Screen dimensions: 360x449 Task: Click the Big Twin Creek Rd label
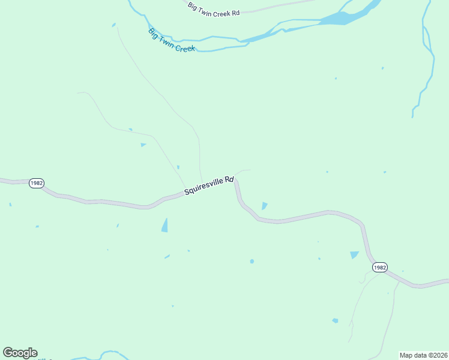pos(213,9)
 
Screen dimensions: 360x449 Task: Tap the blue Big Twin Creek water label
pos(172,40)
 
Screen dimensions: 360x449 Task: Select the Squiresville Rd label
pos(208,185)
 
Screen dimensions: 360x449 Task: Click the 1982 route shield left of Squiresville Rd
pos(36,183)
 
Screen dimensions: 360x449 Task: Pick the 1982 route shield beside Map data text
pos(379,267)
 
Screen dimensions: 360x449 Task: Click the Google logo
pos(20,353)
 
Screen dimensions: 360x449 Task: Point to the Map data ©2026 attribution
pos(423,355)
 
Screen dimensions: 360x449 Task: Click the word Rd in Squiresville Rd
pos(229,179)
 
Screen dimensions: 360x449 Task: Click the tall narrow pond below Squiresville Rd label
pos(164,225)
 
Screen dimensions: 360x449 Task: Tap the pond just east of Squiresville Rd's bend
pos(264,206)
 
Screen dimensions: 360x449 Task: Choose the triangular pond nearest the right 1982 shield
pos(354,255)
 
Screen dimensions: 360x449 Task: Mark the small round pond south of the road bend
pos(252,261)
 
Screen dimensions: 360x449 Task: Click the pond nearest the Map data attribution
pos(335,320)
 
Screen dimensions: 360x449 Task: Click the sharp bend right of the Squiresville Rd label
pos(236,180)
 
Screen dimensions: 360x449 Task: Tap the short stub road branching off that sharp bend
pos(243,172)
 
